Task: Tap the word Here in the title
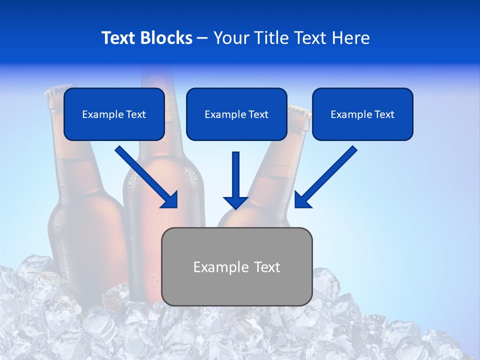(x=351, y=38)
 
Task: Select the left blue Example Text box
(x=114, y=114)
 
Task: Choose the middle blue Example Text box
(x=236, y=114)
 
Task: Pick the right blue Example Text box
(x=362, y=114)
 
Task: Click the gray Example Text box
(x=236, y=266)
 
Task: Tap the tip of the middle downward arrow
(x=235, y=207)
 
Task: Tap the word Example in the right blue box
(x=350, y=114)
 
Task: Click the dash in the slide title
(x=202, y=38)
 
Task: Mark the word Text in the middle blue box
(x=258, y=114)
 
